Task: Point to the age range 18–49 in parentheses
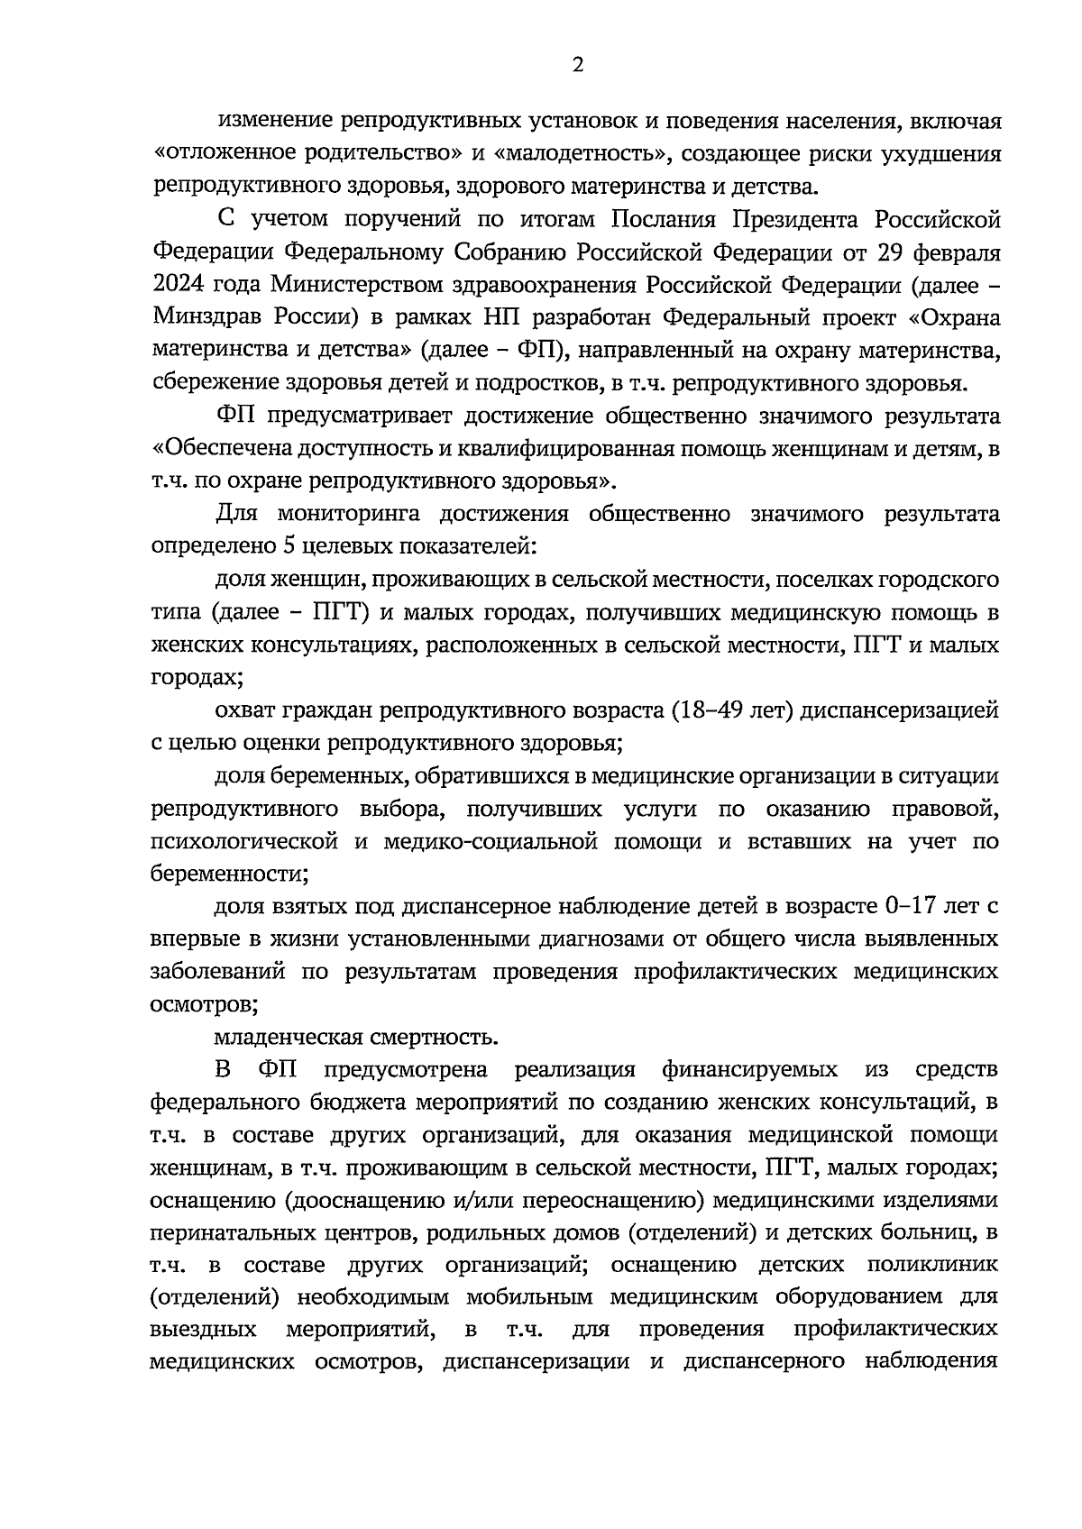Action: (x=707, y=710)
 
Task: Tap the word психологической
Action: (x=244, y=841)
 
